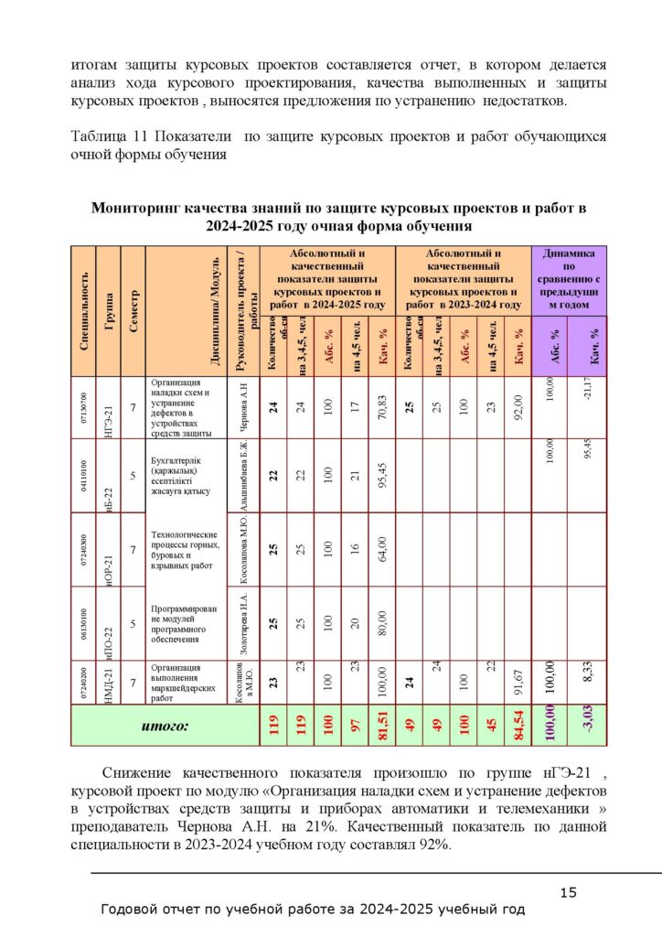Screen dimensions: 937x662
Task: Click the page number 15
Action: click(x=568, y=892)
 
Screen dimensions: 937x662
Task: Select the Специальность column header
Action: click(x=83, y=309)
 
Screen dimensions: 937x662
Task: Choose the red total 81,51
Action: click(x=383, y=727)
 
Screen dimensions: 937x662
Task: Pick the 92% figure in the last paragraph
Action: click(x=432, y=845)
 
